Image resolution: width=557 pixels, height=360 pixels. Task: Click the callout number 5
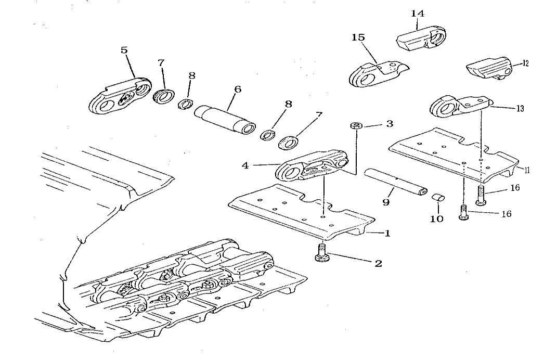[124, 50]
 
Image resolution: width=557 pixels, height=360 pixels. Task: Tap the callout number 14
[418, 14]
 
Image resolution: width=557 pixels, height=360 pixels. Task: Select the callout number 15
[358, 37]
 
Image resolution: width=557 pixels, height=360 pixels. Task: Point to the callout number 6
[238, 89]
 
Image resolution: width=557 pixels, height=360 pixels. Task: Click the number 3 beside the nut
[390, 124]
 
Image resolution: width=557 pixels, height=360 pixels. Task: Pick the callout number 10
[436, 219]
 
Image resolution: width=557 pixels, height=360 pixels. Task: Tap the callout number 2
[378, 263]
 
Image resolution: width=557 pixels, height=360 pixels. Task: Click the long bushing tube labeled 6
[225, 120]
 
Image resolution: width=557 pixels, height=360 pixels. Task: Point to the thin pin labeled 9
[395, 182]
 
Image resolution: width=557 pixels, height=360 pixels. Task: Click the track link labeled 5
[120, 96]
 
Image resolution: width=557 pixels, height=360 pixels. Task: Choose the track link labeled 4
[312, 166]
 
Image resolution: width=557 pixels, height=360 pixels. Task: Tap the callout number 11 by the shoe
[527, 170]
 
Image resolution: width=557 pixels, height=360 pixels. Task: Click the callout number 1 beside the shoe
[387, 234]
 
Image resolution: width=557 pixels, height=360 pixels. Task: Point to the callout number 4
[245, 165]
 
